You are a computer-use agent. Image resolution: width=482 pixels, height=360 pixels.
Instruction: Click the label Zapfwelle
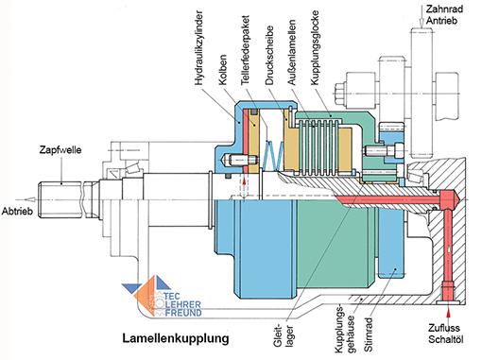(x=60, y=150)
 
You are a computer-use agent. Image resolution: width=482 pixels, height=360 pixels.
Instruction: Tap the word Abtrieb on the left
(x=17, y=211)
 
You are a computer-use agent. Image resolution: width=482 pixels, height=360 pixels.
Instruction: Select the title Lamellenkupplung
(x=176, y=338)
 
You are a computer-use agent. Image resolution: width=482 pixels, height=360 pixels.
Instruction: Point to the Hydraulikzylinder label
(x=199, y=48)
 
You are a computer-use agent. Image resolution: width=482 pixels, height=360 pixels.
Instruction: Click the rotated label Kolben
(x=223, y=70)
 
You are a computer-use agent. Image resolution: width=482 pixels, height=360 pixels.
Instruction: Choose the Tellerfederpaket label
(x=245, y=50)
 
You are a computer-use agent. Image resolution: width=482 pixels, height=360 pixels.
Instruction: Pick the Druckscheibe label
(x=269, y=56)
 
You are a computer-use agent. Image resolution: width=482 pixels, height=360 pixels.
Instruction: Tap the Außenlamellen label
(x=292, y=52)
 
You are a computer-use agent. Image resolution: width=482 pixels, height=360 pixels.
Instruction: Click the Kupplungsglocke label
(x=315, y=47)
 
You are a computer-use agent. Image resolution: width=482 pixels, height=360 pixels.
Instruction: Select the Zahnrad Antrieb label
(x=444, y=15)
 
